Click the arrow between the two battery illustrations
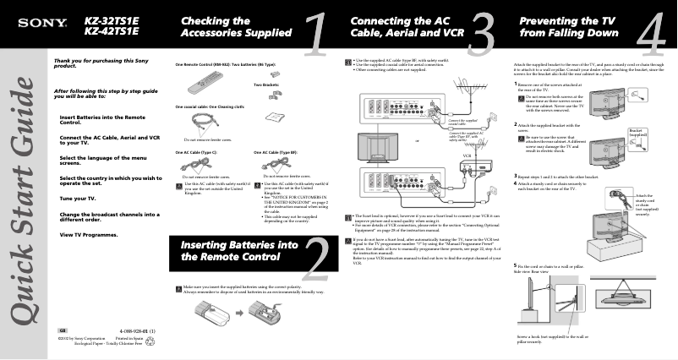240,311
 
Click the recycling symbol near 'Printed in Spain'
150,341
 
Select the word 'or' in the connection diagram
416,140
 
